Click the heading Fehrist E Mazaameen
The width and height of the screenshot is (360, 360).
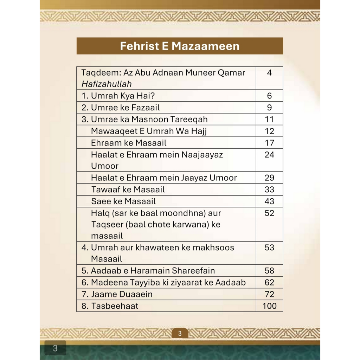180,46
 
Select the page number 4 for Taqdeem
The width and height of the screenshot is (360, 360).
269,73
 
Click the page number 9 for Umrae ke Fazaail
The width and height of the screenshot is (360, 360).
269,108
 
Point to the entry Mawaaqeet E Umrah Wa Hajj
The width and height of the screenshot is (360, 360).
149,131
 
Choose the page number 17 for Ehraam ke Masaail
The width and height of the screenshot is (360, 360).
269,143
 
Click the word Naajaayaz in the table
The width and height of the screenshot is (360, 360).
202,155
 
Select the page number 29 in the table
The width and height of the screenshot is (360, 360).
269,178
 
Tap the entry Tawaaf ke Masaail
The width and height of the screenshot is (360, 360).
128,189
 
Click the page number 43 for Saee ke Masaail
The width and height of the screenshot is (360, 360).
269,201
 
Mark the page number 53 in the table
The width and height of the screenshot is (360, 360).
269,247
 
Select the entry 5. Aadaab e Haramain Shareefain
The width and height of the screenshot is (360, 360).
148,271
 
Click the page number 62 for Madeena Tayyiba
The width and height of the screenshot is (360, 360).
269,282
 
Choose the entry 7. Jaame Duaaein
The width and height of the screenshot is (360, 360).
117,294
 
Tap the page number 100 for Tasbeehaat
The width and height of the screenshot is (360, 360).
269,306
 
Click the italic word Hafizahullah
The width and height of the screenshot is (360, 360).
107,84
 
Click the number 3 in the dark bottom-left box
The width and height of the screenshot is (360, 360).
55,348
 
